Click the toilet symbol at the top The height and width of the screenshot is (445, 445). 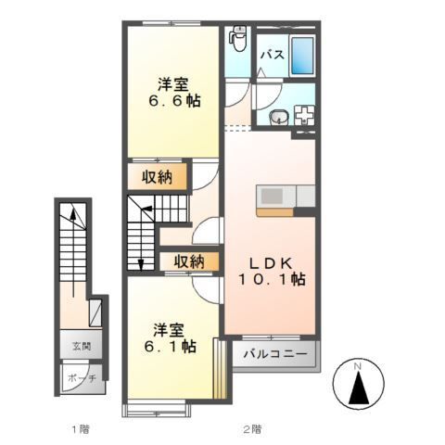pyautogui.click(x=237, y=40)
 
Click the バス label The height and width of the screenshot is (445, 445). pyautogui.click(x=271, y=56)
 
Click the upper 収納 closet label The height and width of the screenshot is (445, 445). pyautogui.click(x=160, y=175)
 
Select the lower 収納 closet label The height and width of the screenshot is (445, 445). pyautogui.click(x=188, y=262)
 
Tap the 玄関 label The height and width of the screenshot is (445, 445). pyautogui.click(x=81, y=347)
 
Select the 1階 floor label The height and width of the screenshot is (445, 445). pyautogui.click(x=80, y=429)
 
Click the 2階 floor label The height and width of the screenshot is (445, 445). pyautogui.click(x=251, y=429)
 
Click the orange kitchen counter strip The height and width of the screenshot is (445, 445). pyautogui.click(x=275, y=210)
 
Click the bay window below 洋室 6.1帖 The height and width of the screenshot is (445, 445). pyautogui.click(x=158, y=405)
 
